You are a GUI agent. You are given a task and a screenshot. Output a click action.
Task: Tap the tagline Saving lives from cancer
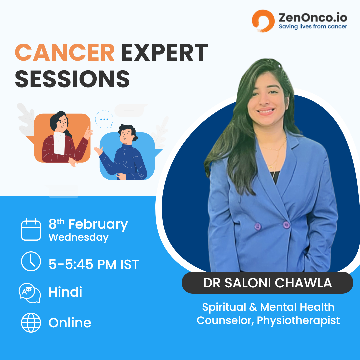(313, 27)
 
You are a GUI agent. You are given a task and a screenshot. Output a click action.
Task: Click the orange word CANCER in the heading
(65, 53)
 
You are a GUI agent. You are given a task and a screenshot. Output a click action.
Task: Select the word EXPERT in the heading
(164, 53)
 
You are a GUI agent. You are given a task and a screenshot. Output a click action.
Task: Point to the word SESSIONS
(72, 79)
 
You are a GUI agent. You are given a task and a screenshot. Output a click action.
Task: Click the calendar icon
(31, 230)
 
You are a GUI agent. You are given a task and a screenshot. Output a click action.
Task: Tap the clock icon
(31, 261)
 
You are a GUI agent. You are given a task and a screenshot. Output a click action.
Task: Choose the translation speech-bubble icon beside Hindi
(30, 293)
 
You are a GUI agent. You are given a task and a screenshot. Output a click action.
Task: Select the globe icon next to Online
(31, 323)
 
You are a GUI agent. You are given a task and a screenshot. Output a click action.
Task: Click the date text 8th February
(88, 224)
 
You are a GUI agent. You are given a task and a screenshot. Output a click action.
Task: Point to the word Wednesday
(79, 238)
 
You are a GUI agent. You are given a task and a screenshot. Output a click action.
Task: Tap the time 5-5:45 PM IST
(94, 264)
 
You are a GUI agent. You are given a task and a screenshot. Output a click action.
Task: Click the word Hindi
(65, 292)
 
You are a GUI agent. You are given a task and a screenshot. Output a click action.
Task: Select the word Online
(70, 323)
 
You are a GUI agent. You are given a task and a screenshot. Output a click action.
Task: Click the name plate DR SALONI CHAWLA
(267, 283)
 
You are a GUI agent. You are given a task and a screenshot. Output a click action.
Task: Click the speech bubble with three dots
(104, 119)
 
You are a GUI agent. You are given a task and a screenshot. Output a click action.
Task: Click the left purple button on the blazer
(257, 227)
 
